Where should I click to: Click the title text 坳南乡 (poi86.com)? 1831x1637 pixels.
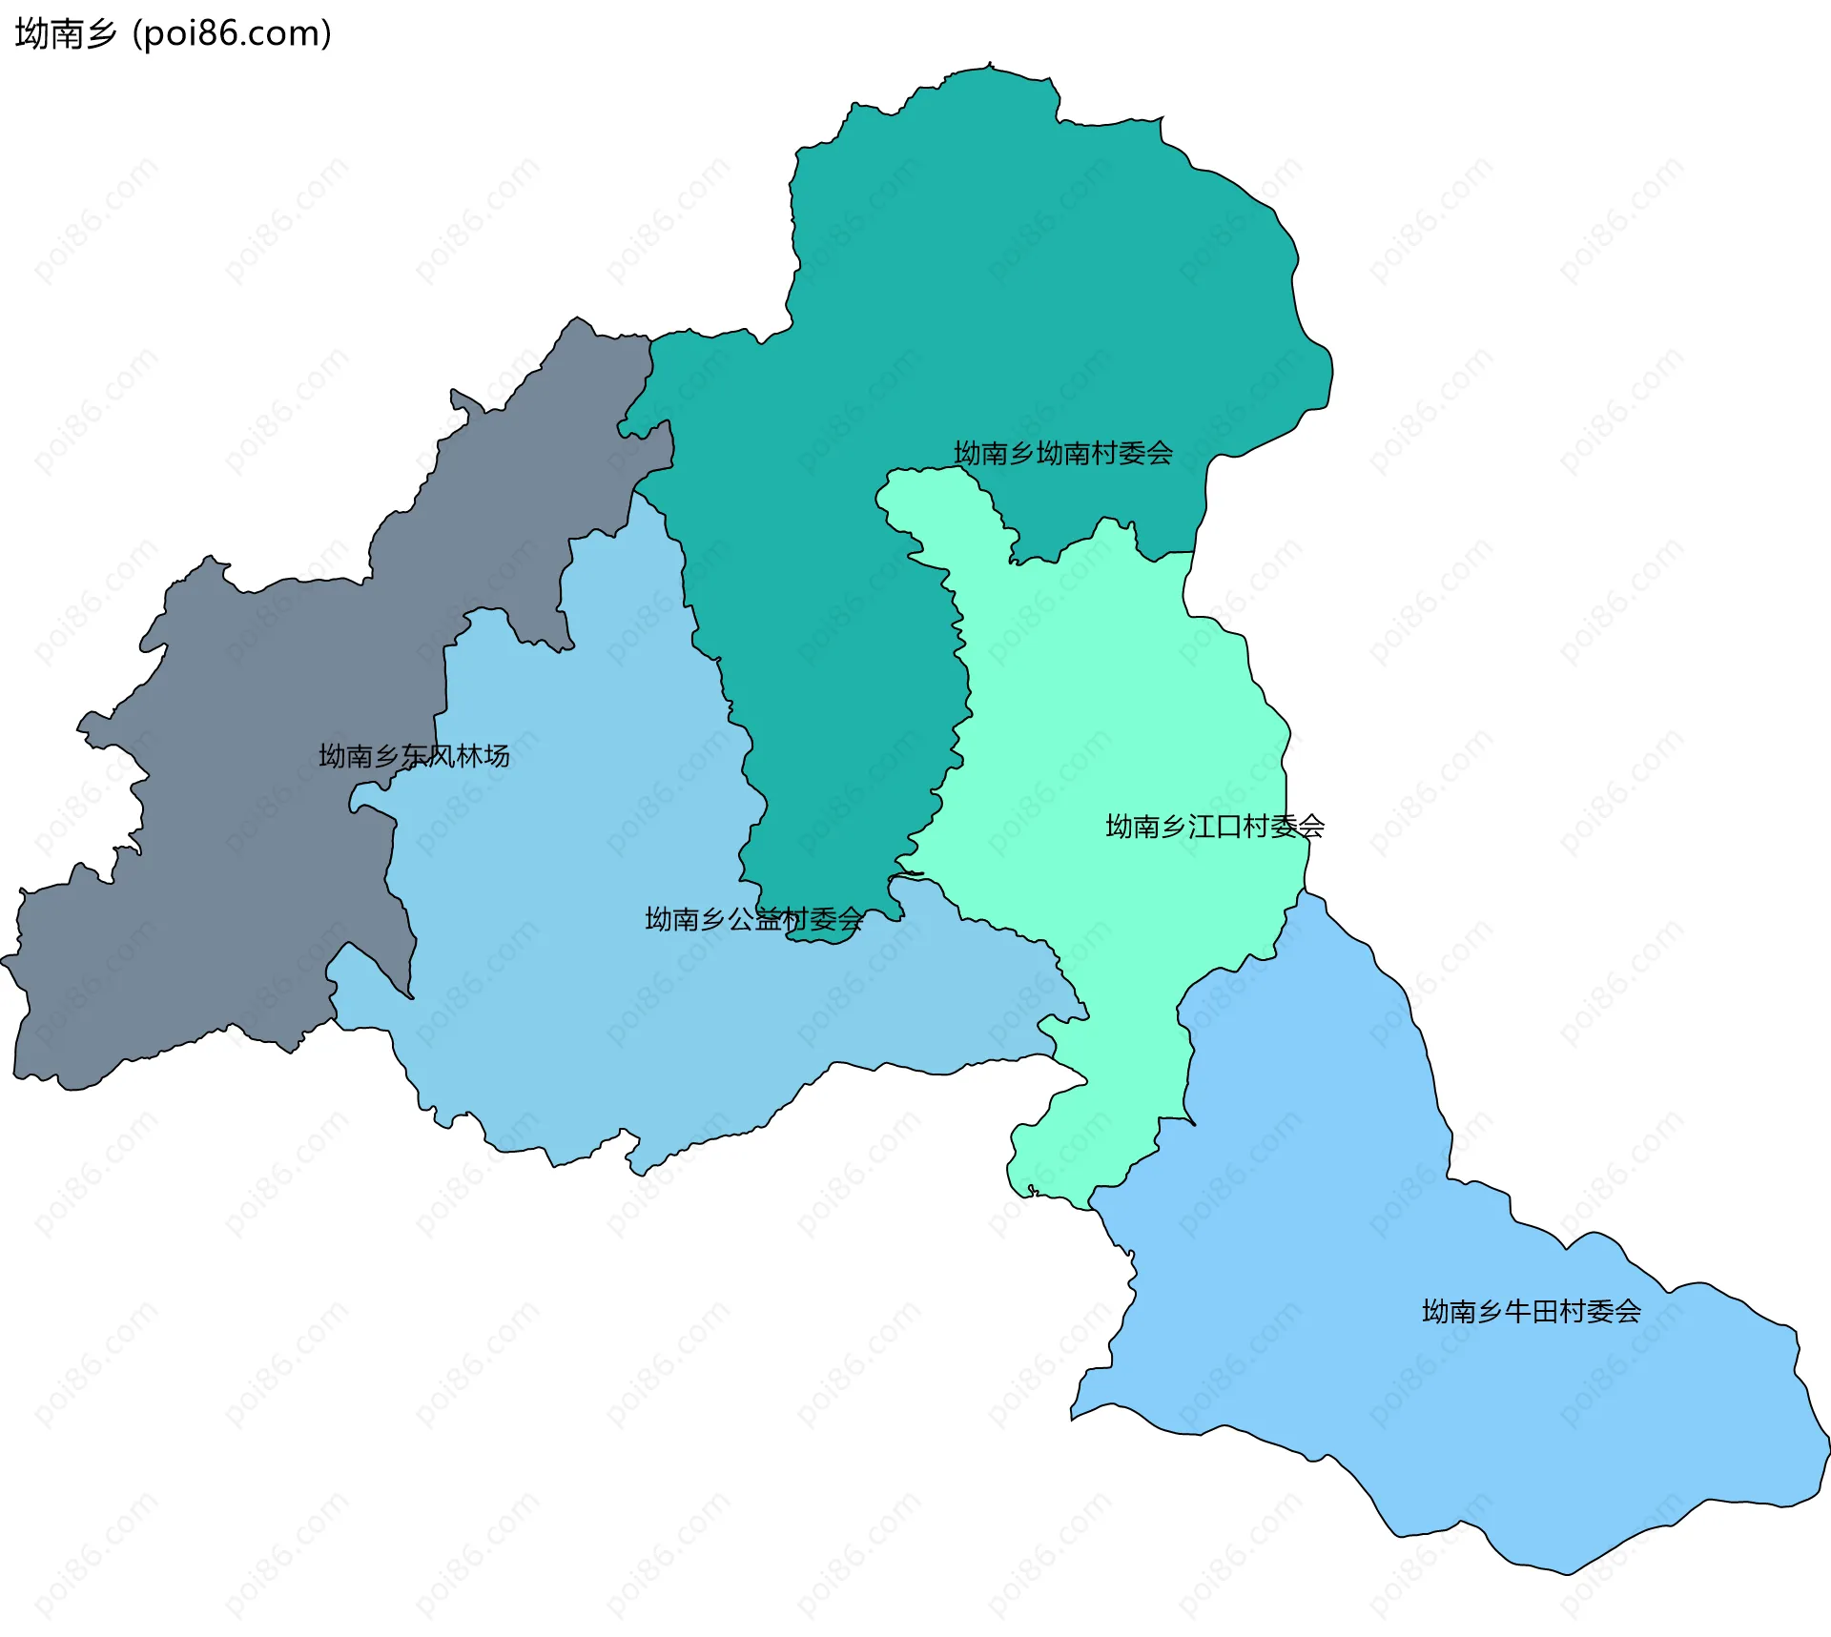(174, 33)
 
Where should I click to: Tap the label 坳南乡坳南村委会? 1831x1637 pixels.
(1062, 453)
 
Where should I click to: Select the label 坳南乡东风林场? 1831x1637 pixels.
(414, 756)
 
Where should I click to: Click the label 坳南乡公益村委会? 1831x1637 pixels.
(753, 919)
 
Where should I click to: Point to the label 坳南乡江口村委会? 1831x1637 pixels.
(1214, 826)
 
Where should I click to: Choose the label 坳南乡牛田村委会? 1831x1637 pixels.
(1531, 1311)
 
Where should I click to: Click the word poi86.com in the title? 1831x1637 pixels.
(232, 33)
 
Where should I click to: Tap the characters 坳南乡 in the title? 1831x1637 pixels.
(65, 33)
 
